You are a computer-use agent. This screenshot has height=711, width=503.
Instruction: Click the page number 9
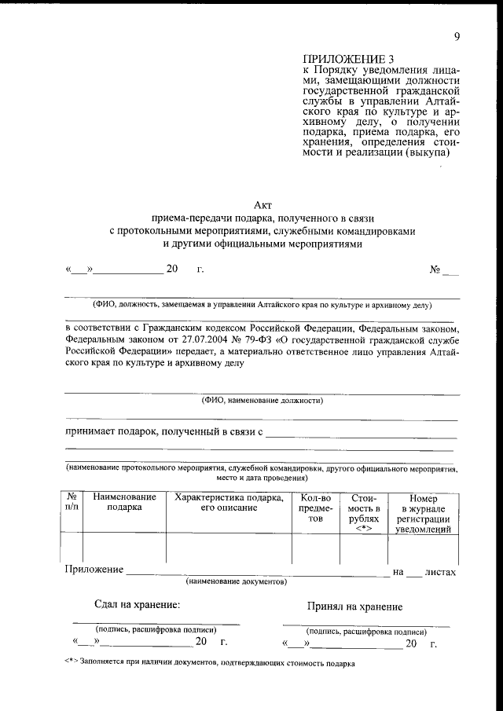click(457, 36)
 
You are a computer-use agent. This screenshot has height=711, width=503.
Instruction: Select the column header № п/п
click(72, 503)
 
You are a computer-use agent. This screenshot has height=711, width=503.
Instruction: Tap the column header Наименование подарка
click(124, 503)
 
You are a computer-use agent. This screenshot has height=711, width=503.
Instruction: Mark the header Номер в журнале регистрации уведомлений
click(423, 514)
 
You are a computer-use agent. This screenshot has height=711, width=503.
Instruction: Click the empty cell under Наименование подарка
click(124, 548)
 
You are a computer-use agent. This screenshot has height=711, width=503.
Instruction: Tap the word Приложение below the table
click(94, 570)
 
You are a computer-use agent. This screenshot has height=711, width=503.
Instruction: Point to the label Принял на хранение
click(355, 607)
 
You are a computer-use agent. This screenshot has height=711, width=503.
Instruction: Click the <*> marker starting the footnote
click(72, 663)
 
